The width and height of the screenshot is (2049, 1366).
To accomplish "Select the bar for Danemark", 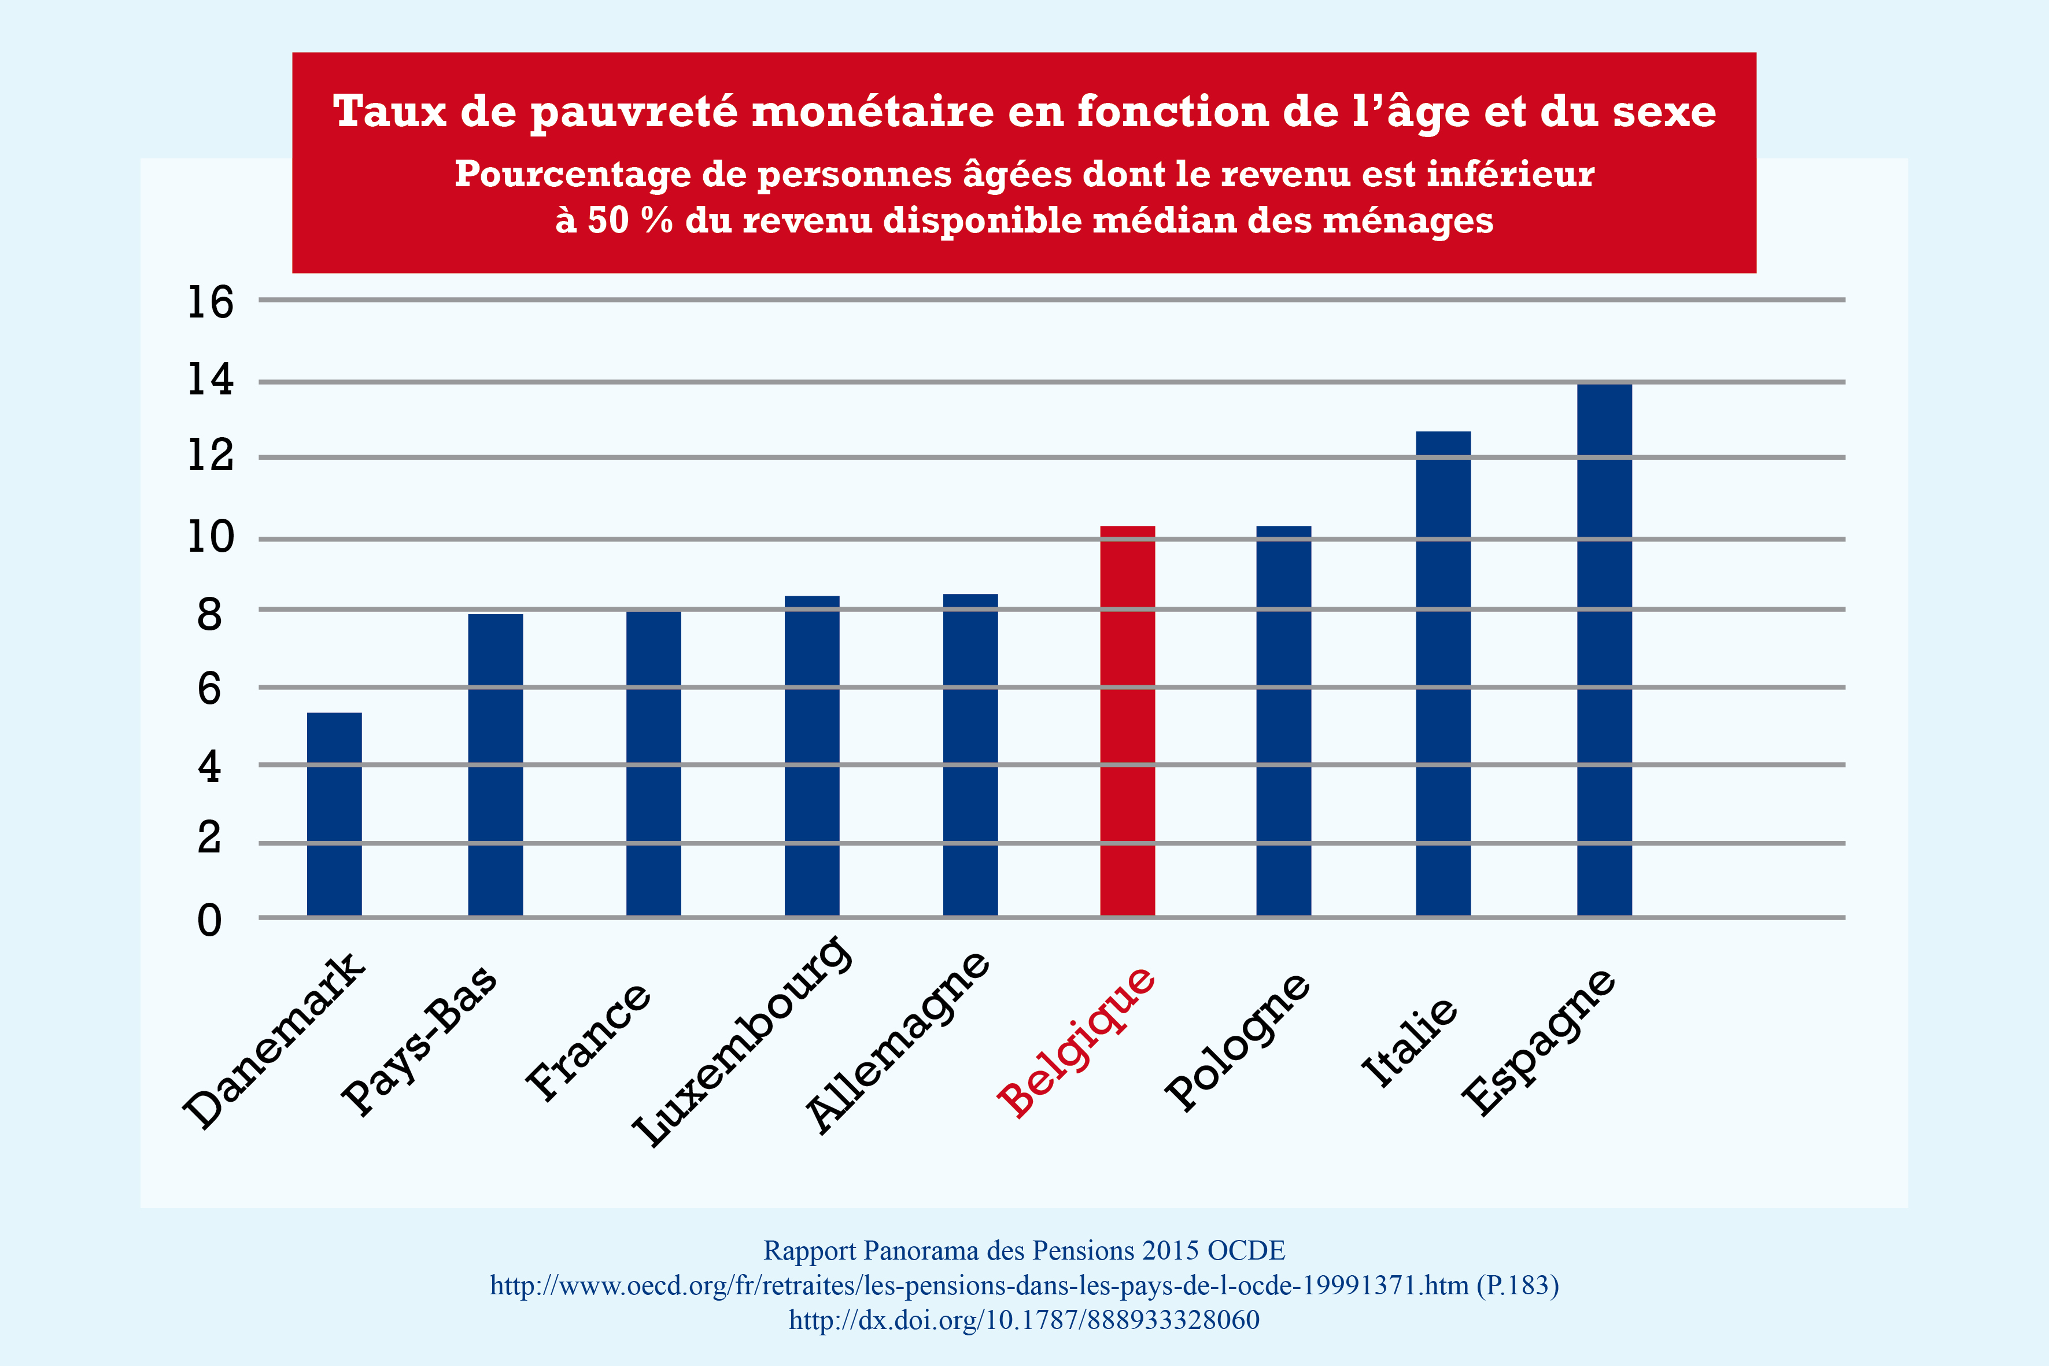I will click(334, 814).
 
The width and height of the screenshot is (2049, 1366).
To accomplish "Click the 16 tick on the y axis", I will click(211, 302).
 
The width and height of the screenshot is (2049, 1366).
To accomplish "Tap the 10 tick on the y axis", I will click(211, 537).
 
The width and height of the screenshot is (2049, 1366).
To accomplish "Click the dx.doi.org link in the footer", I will click(1024, 1320).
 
